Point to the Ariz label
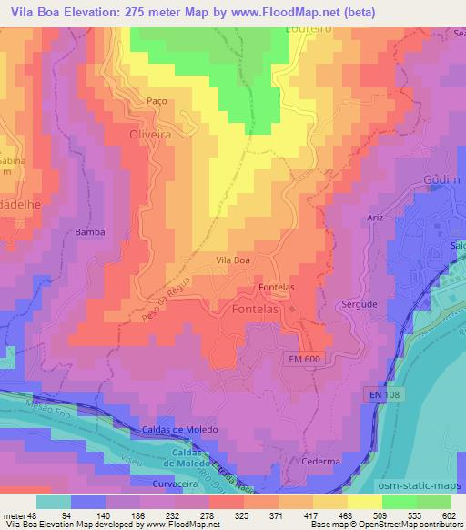tap(374, 219)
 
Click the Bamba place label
tap(90, 232)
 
